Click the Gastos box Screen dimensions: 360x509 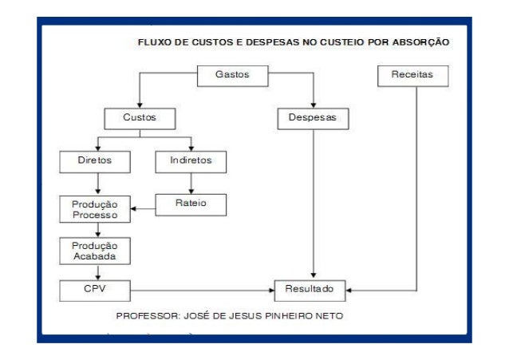coord(232,76)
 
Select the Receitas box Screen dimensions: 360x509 coord(412,76)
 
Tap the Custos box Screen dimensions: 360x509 coord(139,119)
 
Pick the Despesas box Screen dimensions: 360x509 coord(313,119)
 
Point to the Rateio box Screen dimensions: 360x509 coord(191,204)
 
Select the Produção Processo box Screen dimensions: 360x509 coord(95,210)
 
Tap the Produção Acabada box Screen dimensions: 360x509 coord(95,251)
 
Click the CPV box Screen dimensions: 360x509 coord(95,288)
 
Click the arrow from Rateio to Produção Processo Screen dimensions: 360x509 coord(144,209)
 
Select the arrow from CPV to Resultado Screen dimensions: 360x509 coord(199,288)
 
